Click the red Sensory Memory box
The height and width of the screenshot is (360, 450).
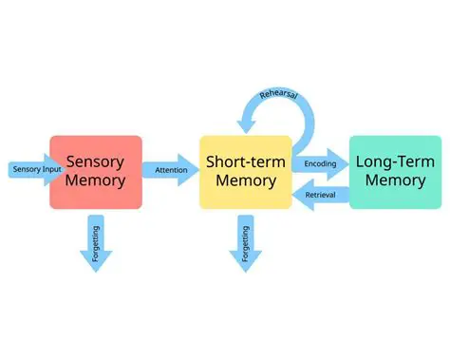(95, 172)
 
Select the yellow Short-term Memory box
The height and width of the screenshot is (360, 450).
(245, 172)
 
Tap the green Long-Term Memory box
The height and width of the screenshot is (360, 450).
(395, 172)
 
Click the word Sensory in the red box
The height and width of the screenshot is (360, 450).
(95, 161)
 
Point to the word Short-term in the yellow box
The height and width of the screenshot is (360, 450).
(245, 161)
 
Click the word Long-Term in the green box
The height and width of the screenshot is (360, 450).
(395, 161)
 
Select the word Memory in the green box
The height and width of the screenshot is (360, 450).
(395, 182)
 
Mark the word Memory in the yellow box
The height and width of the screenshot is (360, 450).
(245, 182)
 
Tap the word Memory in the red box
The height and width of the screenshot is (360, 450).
(95, 182)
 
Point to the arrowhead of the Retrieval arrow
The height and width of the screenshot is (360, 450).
(298, 195)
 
